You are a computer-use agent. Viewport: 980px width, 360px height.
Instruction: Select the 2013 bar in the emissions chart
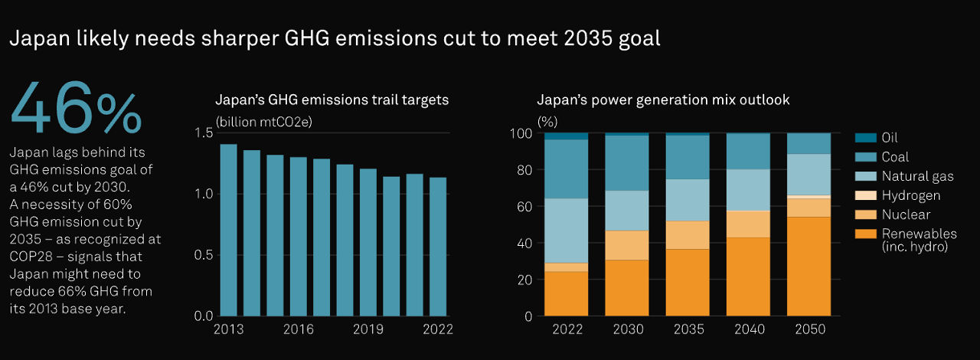[x=228, y=230]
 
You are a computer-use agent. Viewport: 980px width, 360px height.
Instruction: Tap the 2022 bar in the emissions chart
[x=438, y=246]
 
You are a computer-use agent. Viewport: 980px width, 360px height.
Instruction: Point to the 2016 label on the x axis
[x=298, y=330]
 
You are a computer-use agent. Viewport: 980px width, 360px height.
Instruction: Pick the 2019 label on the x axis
[x=368, y=330]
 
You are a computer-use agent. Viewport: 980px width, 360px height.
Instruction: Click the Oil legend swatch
[x=865, y=138]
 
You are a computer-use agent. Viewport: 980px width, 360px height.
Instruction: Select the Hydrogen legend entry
[x=911, y=195]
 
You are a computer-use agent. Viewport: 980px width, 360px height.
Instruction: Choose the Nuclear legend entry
[x=906, y=214]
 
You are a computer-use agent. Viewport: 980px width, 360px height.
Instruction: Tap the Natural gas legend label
[x=917, y=176]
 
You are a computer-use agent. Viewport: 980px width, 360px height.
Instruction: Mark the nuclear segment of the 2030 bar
[x=627, y=245]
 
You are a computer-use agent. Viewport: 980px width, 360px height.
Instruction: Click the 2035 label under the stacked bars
[x=688, y=330]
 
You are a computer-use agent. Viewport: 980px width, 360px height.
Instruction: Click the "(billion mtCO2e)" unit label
[x=264, y=121]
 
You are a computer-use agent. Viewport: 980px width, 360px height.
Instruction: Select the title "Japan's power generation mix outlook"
[x=663, y=100]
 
